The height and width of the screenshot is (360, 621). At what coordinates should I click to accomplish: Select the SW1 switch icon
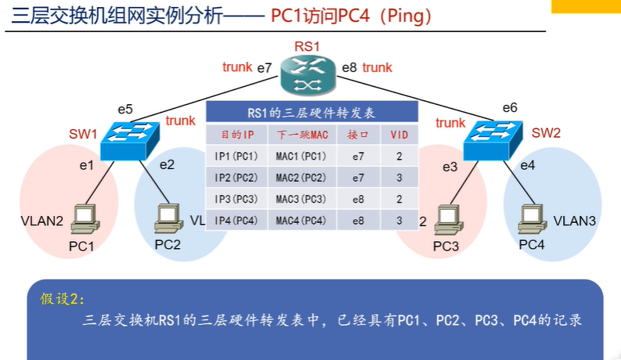point(130,141)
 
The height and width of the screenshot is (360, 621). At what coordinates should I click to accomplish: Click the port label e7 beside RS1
point(265,68)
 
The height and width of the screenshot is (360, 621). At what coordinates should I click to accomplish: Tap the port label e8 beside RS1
point(349,68)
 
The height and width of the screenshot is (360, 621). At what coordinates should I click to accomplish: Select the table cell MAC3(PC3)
point(301,199)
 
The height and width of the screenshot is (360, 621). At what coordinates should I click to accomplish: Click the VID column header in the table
point(399,135)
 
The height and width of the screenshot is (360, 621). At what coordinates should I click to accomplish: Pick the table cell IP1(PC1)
point(236,157)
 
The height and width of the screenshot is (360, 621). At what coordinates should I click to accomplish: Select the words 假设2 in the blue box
point(61,298)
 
